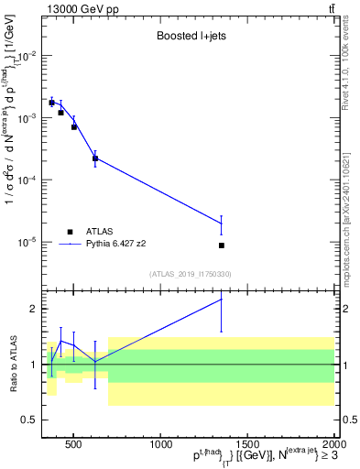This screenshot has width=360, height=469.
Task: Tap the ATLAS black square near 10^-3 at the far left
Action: coord(52,103)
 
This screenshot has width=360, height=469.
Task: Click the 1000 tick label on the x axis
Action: coord(161,445)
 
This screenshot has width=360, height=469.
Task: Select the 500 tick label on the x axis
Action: coord(74,445)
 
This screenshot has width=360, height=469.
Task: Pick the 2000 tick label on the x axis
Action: coord(333,445)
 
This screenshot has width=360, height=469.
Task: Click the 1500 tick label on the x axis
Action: coord(248,445)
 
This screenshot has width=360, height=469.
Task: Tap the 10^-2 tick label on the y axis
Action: coord(28,56)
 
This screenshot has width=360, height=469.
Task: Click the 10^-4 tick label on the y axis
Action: coord(28,180)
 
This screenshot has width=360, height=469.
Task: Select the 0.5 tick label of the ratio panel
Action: coord(30,420)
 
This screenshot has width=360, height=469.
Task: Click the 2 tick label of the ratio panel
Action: coord(35,309)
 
